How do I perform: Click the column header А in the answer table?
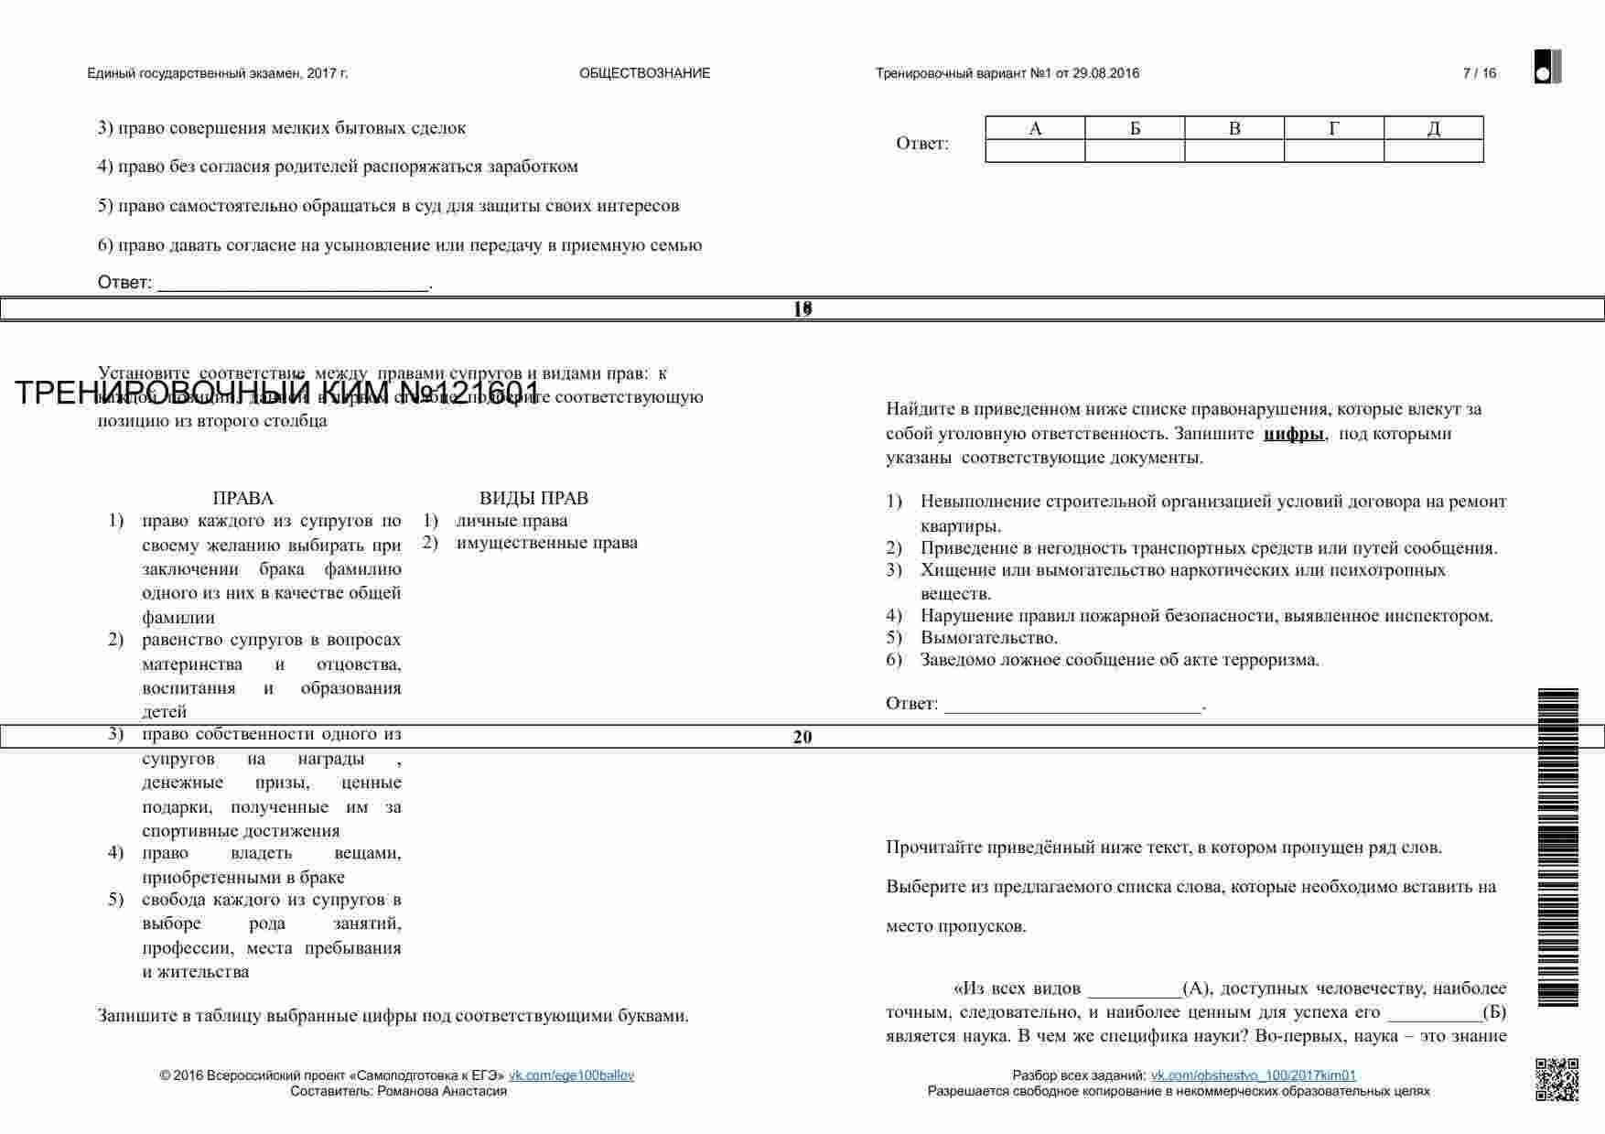click(1035, 129)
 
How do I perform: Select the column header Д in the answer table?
click(1433, 129)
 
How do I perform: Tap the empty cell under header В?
click(1233, 151)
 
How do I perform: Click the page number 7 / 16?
click(1479, 73)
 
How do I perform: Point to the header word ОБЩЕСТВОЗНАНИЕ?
click(644, 73)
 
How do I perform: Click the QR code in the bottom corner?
click(1557, 1079)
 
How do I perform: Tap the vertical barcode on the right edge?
click(1557, 847)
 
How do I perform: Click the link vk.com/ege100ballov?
click(571, 1075)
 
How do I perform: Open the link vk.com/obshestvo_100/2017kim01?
click(1253, 1075)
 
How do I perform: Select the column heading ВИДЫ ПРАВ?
click(533, 499)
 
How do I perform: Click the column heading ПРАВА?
click(242, 499)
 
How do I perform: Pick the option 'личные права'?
click(512, 521)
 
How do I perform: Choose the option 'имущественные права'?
click(546, 543)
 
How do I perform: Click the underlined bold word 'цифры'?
click(1293, 434)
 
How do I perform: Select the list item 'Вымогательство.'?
click(988, 638)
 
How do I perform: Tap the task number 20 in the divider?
click(802, 737)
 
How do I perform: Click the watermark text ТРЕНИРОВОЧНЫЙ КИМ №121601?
click(277, 394)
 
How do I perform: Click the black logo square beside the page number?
click(1547, 67)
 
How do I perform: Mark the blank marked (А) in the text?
click(1135, 988)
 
